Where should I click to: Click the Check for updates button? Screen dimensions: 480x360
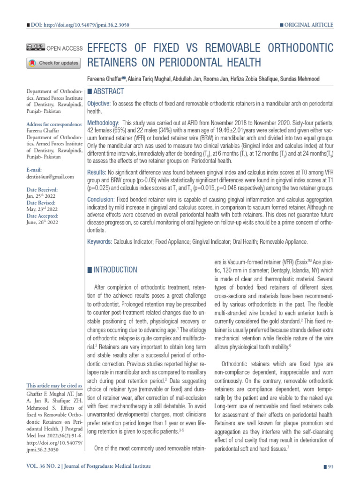[54, 62]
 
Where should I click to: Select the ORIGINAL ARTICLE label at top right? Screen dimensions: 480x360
[308, 24]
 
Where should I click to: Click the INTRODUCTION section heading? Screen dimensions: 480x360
[115, 270]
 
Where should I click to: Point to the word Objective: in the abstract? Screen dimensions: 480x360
[99, 103]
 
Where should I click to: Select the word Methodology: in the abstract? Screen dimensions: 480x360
[103, 122]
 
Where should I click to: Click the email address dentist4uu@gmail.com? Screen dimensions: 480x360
[50, 177]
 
